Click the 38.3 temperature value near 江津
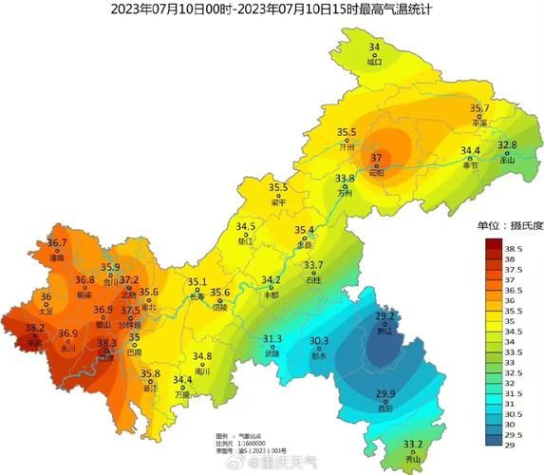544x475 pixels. [107, 344]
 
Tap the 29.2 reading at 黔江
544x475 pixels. [385, 316]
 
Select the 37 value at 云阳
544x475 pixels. [376, 158]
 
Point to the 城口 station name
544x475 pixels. [374, 63]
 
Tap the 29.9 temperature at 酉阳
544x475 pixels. [385, 394]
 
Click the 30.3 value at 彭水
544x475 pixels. [320, 341]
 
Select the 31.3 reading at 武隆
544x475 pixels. [272, 339]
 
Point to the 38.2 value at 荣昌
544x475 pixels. [35, 329]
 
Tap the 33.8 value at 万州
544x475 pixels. [346, 179]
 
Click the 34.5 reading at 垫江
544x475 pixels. [247, 227]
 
